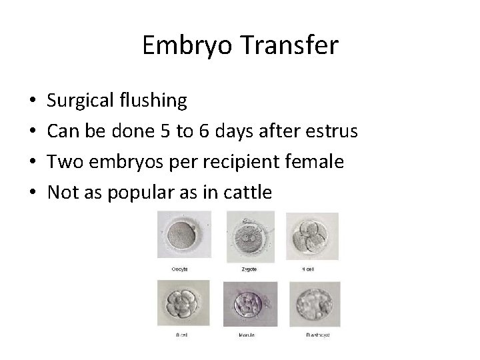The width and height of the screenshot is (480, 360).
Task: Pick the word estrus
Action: [333, 132]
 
